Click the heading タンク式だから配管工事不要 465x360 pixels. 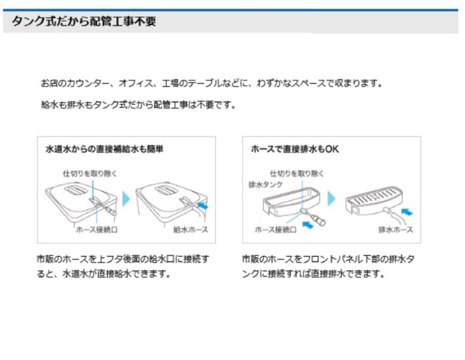point(84,21)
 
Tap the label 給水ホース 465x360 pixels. point(191,230)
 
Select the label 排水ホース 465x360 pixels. point(396,230)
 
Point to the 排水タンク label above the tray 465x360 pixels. point(265,184)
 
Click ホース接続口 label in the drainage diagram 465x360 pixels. point(276,230)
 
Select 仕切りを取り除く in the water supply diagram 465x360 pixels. point(90,174)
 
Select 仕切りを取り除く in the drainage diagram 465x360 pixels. point(297,174)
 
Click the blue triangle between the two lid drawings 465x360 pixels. point(126,199)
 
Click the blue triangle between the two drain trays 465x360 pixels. point(331,199)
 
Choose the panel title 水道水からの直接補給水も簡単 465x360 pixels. point(105,149)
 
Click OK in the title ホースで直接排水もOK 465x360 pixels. point(332,149)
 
